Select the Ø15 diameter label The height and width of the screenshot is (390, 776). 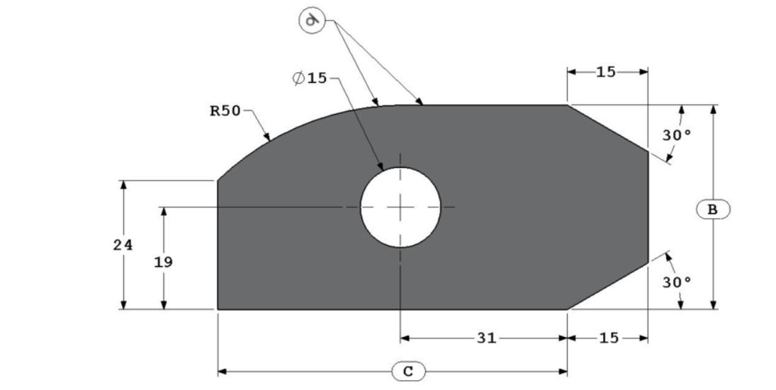click(x=310, y=78)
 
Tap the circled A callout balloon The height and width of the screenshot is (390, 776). click(x=311, y=21)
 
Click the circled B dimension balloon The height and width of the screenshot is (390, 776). click(x=713, y=209)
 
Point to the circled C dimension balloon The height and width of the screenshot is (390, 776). click(x=408, y=371)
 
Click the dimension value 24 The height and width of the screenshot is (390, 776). click(x=123, y=245)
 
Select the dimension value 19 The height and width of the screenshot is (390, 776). click(x=163, y=262)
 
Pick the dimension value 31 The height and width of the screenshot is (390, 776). click(x=485, y=338)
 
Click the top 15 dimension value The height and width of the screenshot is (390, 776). click(x=606, y=71)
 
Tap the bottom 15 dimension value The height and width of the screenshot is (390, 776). click(x=609, y=338)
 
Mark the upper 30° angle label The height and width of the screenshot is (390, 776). click(x=677, y=134)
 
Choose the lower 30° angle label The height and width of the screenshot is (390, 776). click(x=677, y=282)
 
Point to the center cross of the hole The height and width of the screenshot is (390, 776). click(x=400, y=207)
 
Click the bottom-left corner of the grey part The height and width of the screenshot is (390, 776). click(x=218, y=309)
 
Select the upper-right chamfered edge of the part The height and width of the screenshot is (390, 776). click(x=608, y=127)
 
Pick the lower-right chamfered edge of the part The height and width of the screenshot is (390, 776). click(x=608, y=286)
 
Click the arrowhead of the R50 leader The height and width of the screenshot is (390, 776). click(x=268, y=138)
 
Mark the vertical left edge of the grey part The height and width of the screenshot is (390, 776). click(x=218, y=244)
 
